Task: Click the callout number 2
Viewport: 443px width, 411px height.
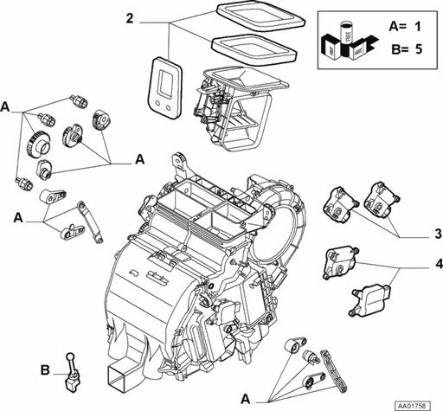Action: click(130, 18)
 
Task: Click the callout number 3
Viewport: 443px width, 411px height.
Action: click(438, 234)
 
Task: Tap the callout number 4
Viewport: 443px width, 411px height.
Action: click(439, 264)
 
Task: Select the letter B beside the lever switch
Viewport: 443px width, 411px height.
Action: click(45, 370)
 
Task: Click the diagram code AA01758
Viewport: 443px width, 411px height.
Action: click(412, 406)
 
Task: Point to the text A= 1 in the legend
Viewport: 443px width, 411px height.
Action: click(405, 27)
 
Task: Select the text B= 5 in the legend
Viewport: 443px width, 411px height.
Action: click(407, 49)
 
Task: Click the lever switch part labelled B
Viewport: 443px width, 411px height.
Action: click(72, 372)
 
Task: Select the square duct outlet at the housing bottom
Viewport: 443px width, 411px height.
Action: click(119, 374)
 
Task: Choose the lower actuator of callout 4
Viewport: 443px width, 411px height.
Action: click(370, 300)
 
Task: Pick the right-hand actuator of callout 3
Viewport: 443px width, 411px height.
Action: click(382, 200)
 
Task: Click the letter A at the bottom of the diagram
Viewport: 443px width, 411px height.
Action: click(246, 399)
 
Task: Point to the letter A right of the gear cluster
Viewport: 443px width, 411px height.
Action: click(140, 159)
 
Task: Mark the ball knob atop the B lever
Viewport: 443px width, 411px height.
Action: click(70, 356)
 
